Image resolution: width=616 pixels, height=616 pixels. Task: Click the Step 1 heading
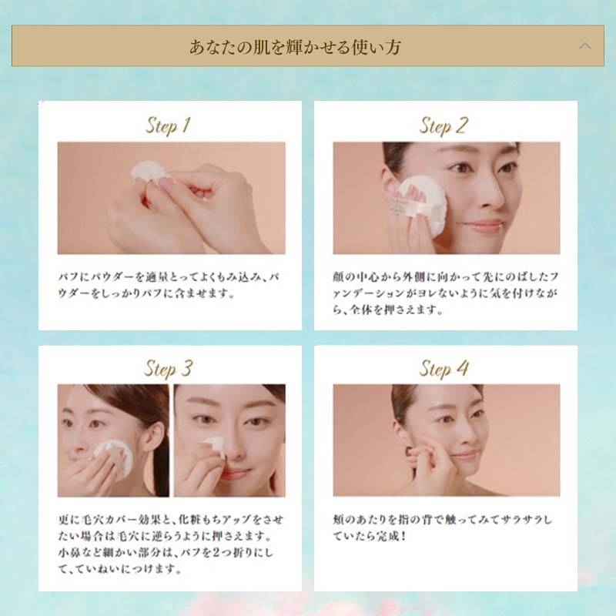[x=168, y=126]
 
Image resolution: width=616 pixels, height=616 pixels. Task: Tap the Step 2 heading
[x=444, y=126]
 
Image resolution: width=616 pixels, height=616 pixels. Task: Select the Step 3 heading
[x=168, y=369]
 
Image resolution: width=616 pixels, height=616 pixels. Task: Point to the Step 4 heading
[x=444, y=369]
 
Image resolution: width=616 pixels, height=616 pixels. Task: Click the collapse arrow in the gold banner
[x=585, y=45]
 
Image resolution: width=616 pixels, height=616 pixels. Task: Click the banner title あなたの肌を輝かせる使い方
[x=295, y=47]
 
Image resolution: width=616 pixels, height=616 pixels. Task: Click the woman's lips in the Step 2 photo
[x=484, y=225]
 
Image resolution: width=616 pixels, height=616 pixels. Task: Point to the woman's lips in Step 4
[x=465, y=456]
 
